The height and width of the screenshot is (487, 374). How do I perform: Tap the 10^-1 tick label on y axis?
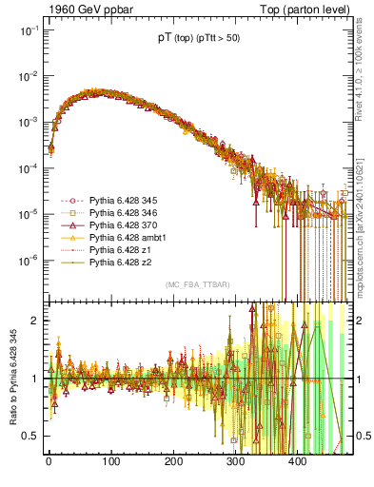(x=27, y=30)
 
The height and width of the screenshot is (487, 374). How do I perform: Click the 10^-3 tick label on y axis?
(x=27, y=122)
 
